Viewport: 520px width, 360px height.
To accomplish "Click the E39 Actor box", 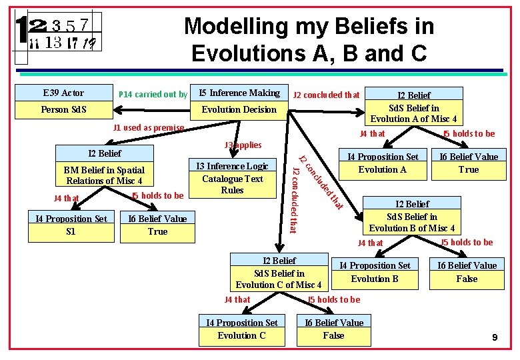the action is tap(63, 93).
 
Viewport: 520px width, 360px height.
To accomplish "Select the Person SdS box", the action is tap(63, 109).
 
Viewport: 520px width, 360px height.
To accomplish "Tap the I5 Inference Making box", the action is tap(239, 93).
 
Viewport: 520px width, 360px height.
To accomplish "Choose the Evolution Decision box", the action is tap(239, 109).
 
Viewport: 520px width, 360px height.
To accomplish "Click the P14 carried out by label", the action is tap(153, 94).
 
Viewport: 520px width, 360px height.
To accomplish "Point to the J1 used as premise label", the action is tap(149, 127).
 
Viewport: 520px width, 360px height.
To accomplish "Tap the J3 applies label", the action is tap(243, 145).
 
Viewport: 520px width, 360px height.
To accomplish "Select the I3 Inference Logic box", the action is tap(231, 178).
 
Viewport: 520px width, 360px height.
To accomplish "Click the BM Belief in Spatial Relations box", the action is tap(105, 175).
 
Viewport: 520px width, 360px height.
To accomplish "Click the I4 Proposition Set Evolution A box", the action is tap(383, 163).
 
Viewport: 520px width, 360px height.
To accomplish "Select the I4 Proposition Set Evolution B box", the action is tap(375, 272).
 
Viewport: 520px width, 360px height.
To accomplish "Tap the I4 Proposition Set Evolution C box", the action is tap(241, 329).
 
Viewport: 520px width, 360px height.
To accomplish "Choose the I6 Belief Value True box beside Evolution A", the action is tap(468, 163).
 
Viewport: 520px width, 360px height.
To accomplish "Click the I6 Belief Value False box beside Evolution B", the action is tap(467, 272).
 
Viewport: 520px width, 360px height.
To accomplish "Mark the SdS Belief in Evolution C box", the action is tap(279, 273).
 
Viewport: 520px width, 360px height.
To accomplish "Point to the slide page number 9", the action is tap(495, 338).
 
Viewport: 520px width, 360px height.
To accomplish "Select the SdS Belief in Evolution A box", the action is tap(413, 107).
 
